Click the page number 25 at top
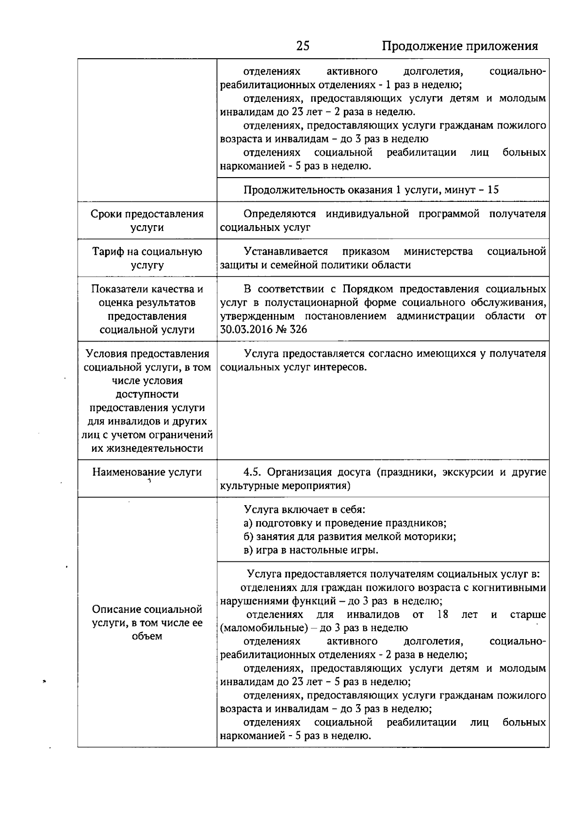[303, 46]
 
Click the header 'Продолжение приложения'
[460, 46]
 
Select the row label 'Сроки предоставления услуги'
[147, 221]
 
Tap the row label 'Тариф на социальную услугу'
[147, 258]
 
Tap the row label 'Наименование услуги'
[147, 472]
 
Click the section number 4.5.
[253, 472]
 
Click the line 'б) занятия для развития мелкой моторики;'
[350, 537]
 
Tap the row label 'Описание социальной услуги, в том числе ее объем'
[147, 623]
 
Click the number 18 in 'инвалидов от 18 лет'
[442, 615]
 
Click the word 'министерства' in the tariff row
[438, 251]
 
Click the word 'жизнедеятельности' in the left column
[147, 448]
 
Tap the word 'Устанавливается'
[286, 251]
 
